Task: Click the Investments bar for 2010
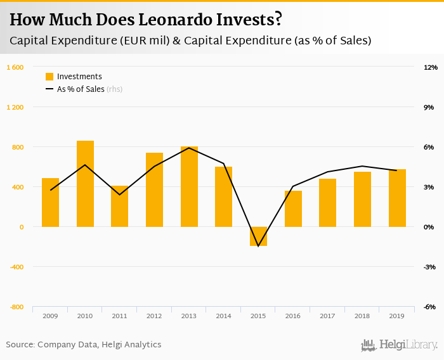point(85,184)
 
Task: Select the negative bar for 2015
point(258,236)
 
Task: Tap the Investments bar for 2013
point(189,187)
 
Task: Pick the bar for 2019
point(397,198)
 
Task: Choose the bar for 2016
point(293,209)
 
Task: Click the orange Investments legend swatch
point(49,77)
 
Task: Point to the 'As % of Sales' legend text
point(81,89)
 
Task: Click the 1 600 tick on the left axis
point(15,67)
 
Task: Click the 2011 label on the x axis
point(119,315)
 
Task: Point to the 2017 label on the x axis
point(327,315)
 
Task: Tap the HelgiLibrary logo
point(400,345)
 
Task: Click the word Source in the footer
point(20,345)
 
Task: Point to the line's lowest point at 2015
point(258,246)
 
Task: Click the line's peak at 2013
point(189,148)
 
